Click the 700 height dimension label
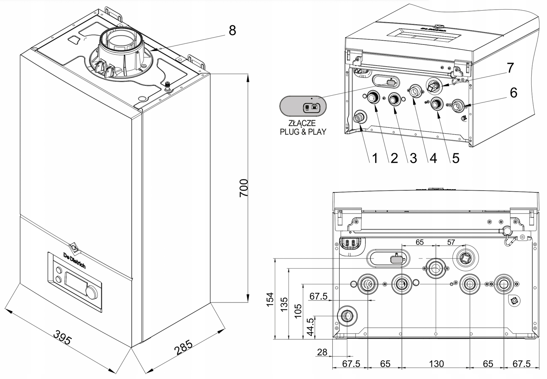(243, 188)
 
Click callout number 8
(232, 31)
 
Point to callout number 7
(510, 68)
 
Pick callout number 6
(513, 93)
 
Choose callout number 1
(375, 158)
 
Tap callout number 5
(455, 158)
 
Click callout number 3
(413, 158)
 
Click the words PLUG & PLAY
(303, 132)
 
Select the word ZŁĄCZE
(302, 123)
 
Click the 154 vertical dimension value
(270, 299)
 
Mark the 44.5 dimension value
(310, 327)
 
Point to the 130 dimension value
(436, 364)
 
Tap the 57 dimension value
(451, 242)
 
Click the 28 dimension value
(322, 352)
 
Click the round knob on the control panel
(91, 292)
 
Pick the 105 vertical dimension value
(298, 311)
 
